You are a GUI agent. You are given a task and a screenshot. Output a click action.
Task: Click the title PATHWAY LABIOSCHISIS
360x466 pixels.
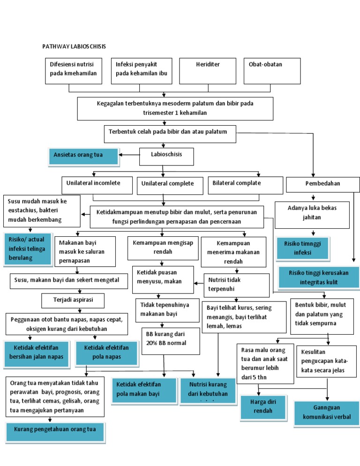74,46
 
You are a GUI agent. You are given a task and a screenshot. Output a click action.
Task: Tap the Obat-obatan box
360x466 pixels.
272,71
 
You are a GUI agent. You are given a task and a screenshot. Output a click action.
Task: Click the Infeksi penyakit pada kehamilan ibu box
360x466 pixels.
141,71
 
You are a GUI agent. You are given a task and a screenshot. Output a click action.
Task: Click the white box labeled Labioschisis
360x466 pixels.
166,157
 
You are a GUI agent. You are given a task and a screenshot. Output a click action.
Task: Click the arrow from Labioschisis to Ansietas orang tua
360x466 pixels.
129,154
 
